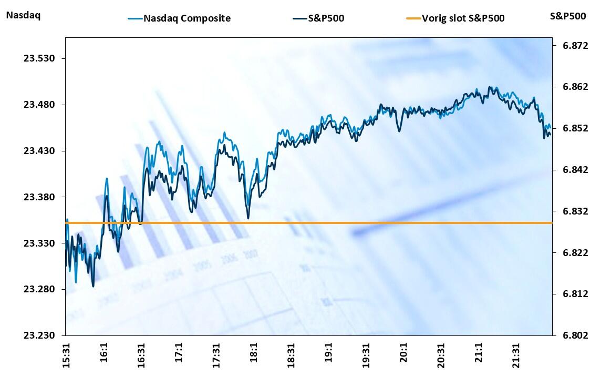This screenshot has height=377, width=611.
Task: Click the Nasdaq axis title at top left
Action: [x=23, y=15]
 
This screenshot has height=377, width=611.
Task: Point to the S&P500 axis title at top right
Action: [x=568, y=16]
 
